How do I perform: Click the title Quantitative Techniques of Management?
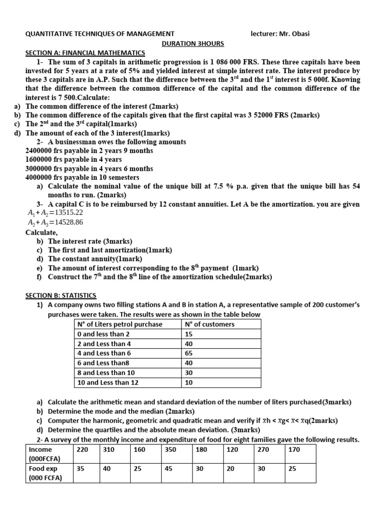[100, 34]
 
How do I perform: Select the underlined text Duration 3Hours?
[193, 43]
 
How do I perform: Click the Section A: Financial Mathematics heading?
[85, 53]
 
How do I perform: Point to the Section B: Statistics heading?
[61, 295]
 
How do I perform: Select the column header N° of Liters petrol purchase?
[119, 324]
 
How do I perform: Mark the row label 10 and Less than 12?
[107, 382]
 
